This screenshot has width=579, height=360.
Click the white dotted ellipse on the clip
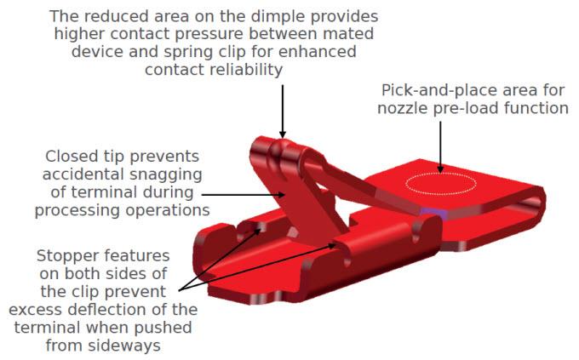441,173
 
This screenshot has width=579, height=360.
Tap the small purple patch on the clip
433,212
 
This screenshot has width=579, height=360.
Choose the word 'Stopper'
67,256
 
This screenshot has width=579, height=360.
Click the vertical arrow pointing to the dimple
283,111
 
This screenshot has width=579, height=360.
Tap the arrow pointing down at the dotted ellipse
440,147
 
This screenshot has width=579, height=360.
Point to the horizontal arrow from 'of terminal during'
244,194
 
